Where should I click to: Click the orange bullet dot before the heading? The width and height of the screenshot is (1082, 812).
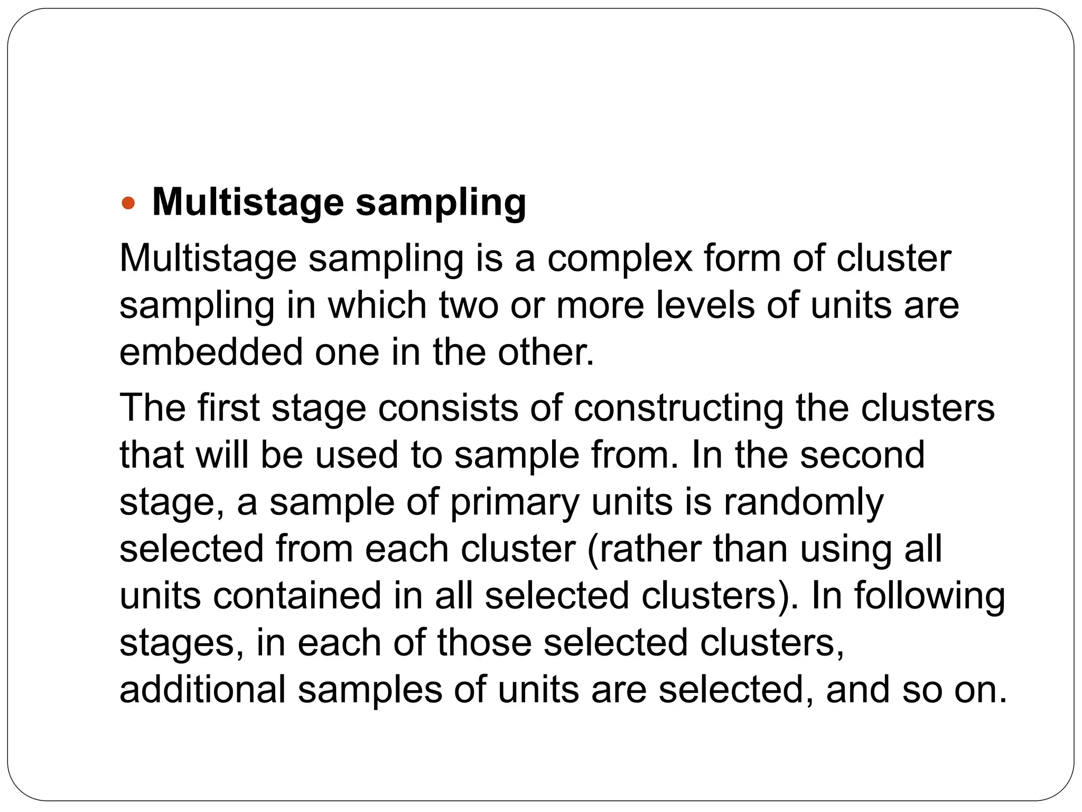129,202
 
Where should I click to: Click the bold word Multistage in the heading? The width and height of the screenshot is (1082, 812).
248,202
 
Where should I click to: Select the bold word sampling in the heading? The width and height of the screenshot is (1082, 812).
441,204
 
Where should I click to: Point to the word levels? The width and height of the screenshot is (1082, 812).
705,306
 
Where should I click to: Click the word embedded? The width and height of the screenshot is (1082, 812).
211,352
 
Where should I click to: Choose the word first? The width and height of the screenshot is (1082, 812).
228,408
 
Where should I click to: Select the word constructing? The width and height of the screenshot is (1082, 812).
678,409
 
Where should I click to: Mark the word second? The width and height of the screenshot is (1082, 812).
862,455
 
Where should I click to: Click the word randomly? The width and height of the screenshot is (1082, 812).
803,502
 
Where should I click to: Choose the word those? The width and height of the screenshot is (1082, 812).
484,643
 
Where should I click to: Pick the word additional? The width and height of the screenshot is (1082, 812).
202,690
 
